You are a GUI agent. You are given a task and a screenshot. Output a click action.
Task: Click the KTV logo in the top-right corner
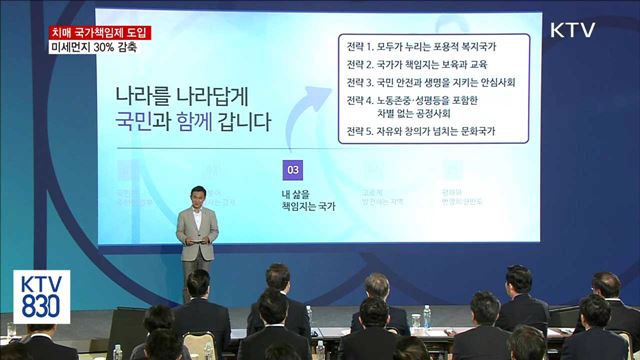click(572, 30)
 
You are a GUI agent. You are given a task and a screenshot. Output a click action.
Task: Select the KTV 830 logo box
click(41, 296)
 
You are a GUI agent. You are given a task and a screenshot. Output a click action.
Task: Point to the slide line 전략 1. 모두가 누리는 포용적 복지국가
click(421, 47)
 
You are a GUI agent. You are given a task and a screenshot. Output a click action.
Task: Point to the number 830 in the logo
click(41, 309)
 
